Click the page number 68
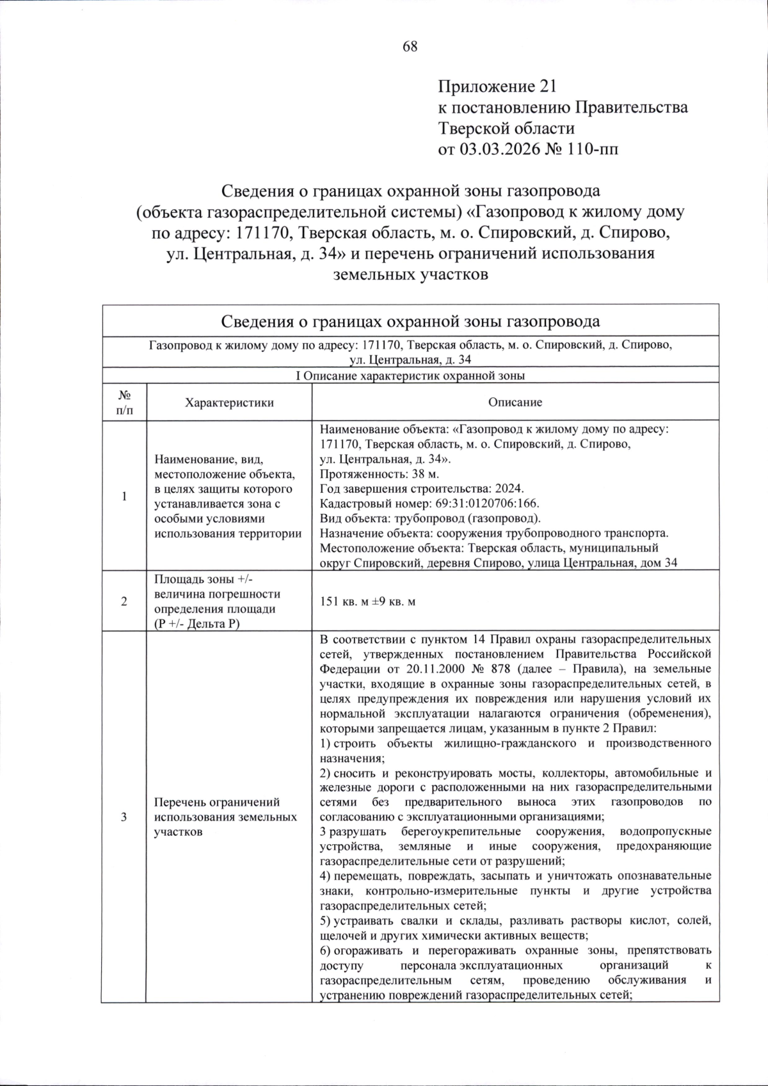coord(410,47)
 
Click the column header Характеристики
coord(228,403)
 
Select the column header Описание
coord(515,403)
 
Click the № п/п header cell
coord(124,403)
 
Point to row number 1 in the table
coord(124,497)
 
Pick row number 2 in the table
coord(124,602)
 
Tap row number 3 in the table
coord(124,817)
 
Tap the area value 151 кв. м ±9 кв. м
coord(367,602)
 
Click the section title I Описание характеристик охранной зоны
coord(410,376)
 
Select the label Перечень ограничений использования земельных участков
coord(225,817)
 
